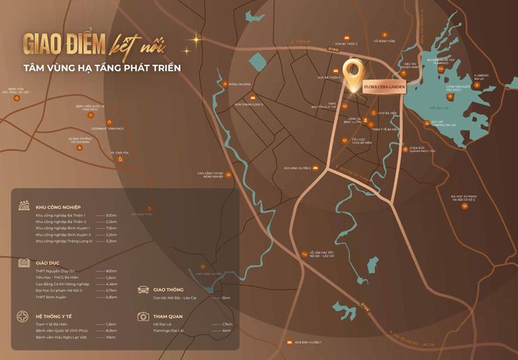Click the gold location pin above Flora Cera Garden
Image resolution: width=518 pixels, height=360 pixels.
click(353, 74)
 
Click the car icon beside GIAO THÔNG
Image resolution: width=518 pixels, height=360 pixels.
click(143, 289)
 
